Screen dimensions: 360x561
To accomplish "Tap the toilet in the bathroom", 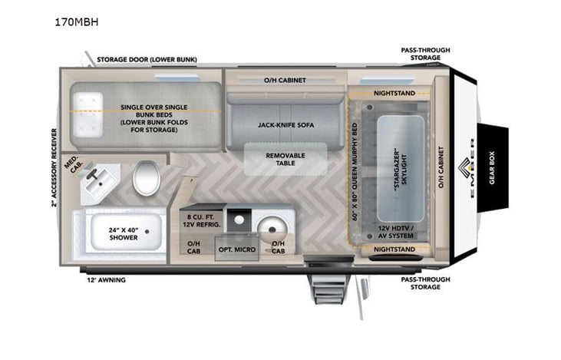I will (x=145, y=178).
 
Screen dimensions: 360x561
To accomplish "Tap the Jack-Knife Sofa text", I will (x=285, y=124).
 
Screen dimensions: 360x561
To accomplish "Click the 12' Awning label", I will (x=107, y=280).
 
